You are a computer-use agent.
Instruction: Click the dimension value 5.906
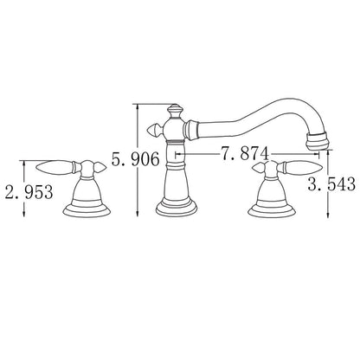(135, 159)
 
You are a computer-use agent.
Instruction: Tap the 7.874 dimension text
(245, 153)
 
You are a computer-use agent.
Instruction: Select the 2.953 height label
(29, 192)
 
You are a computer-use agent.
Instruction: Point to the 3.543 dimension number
(331, 183)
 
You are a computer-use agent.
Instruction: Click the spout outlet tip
(318, 140)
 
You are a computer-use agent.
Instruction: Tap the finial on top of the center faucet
(175, 112)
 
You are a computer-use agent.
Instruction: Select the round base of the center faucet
(177, 207)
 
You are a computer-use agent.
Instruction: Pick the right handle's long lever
(301, 167)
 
